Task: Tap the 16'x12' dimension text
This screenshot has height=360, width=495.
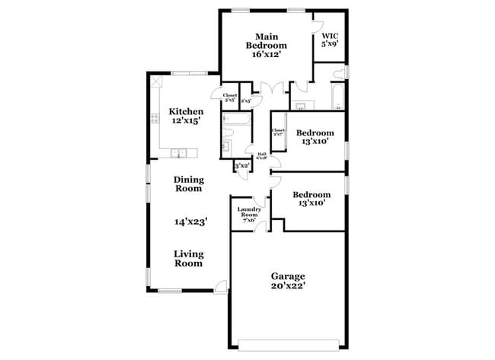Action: pyautogui.click(x=266, y=55)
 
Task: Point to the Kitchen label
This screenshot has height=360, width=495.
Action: pyautogui.click(x=186, y=111)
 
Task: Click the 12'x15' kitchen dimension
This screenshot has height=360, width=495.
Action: pyautogui.click(x=186, y=121)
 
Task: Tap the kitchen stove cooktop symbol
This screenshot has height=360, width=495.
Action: pyautogui.click(x=154, y=117)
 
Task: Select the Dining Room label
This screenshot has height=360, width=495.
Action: pyautogui.click(x=189, y=183)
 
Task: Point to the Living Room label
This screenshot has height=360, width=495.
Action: pyautogui.click(x=188, y=259)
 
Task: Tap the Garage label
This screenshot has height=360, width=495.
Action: pyautogui.click(x=289, y=276)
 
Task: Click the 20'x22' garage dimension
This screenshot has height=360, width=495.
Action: pyautogui.click(x=289, y=286)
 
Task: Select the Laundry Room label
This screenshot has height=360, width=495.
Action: pyautogui.click(x=250, y=212)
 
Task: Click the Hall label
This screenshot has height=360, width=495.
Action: pyautogui.click(x=262, y=156)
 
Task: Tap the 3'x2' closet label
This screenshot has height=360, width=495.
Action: pyautogui.click(x=241, y=165)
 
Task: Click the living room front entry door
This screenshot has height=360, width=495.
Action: pyautogui.click(x=221, y=286)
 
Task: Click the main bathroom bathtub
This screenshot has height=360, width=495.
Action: pyautogui.click(x=335, y=97)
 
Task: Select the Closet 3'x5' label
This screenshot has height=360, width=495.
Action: pyautogui.click(x=229, y=97)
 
